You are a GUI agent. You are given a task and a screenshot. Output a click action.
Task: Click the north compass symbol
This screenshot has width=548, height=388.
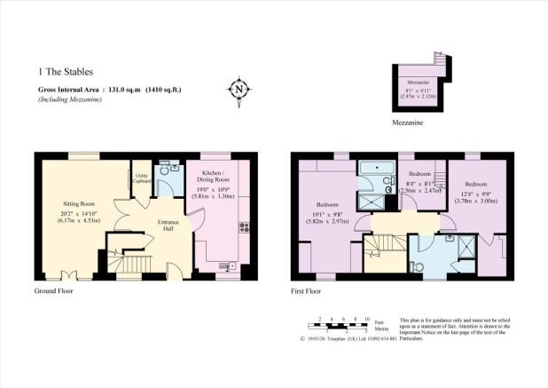pos(238,89)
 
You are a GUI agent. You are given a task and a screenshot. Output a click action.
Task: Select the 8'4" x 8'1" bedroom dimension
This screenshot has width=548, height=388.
pos(420,186)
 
